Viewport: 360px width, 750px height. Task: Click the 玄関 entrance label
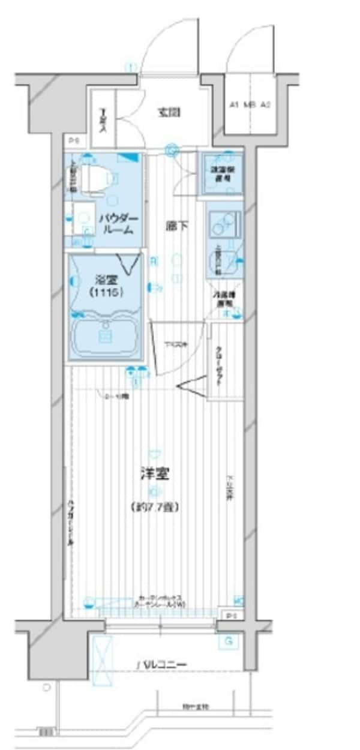(x=170, y=112)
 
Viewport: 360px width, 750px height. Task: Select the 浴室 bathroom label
(x=106, y=279)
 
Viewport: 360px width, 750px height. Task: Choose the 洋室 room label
(x=154, y=474)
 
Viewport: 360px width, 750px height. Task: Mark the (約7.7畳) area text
(x=154, y=507)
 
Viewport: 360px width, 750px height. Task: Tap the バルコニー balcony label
(x=162, y=665)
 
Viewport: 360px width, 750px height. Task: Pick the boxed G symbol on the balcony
(x=228, y=641)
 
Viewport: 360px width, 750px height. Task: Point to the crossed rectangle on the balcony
(x=102, y=659)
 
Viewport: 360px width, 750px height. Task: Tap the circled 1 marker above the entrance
(x=130, y=67)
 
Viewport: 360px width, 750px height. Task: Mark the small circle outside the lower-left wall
(x=46, y=686)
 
